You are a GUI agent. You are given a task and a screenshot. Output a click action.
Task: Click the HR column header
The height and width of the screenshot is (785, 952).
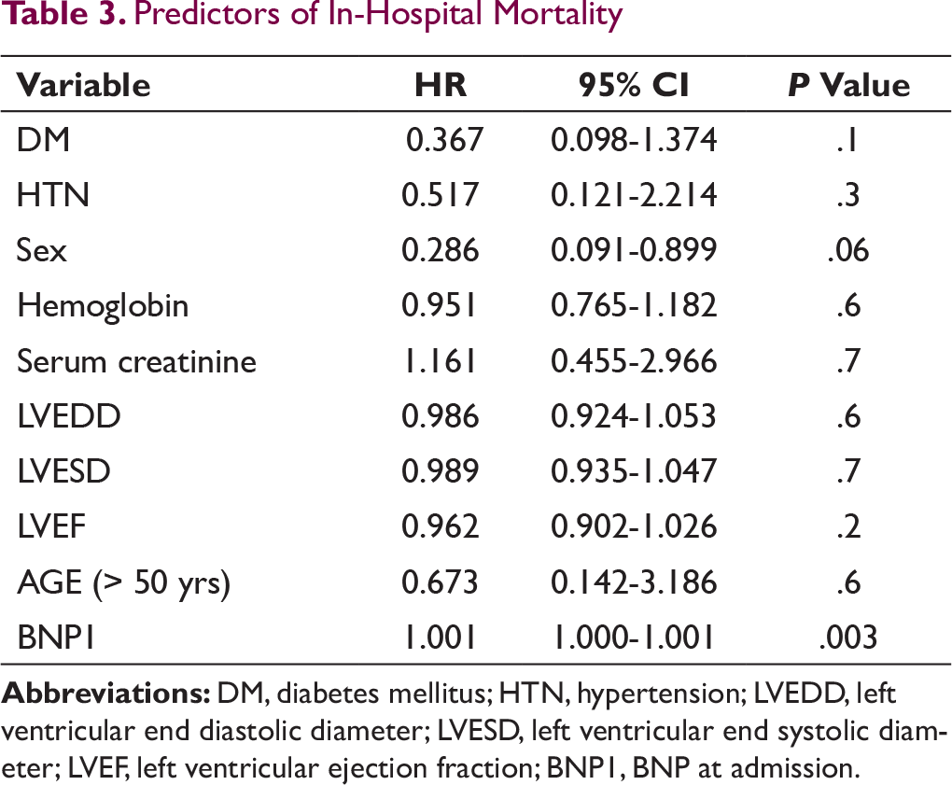pos(441,85)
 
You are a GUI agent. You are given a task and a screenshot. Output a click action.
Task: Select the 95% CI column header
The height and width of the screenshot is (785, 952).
pos(634,85)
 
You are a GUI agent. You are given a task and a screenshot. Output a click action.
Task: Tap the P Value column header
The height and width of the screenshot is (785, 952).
pos(848,85)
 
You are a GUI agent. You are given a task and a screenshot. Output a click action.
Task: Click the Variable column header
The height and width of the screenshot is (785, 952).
pos(83,85)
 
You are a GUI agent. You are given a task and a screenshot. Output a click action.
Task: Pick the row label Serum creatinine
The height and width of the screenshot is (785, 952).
pos(136,361)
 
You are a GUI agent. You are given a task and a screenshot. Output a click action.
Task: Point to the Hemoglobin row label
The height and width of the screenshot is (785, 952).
pos(103,305)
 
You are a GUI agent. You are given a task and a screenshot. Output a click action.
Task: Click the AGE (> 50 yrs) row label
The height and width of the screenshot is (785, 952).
pos(124,582)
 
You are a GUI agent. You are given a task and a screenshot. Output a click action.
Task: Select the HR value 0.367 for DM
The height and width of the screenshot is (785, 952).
pos(444,140)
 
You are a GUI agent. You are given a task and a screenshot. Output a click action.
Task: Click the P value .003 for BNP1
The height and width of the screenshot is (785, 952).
pos(848,638)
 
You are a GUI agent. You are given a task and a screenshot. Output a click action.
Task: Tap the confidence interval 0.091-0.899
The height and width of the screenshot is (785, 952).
pos(634,250)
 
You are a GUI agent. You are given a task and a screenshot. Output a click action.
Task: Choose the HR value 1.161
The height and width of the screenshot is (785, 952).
pos(441,361)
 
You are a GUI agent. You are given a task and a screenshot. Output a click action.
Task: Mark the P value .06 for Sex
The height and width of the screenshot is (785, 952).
pos(848,250)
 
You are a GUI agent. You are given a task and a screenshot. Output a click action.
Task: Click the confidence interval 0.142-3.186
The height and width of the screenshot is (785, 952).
pos(634,582)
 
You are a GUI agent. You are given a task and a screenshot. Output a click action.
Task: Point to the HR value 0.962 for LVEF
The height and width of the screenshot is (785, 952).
pos(441,526)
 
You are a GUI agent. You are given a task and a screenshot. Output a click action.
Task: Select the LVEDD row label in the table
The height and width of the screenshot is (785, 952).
pos(69,416)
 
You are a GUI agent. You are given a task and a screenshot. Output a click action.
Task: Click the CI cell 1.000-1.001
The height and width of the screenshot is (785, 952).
pos(634,638)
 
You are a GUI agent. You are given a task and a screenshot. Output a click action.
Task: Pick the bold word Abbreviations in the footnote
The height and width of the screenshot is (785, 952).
pos(106,693)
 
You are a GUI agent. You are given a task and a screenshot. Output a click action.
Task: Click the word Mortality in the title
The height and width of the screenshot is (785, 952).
pos(558,15)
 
